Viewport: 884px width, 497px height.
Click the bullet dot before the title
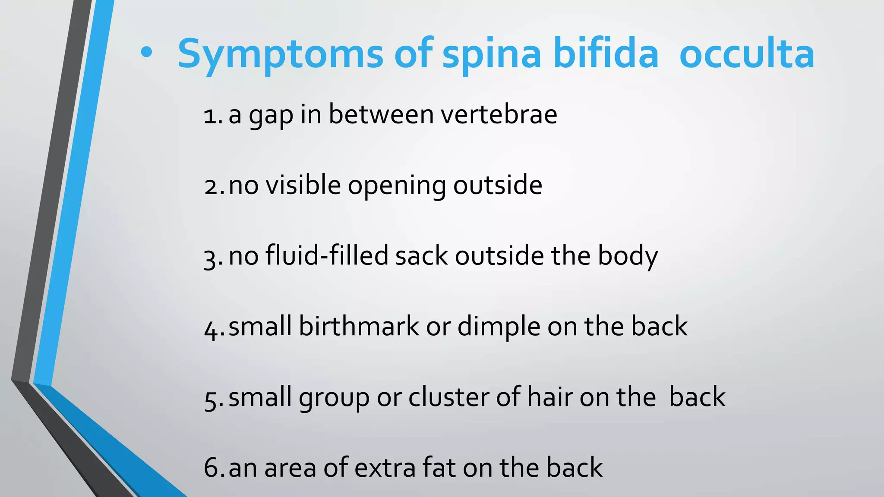pyautogui.click(x=146, y=53)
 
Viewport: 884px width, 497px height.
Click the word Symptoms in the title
pyautogui.click(x=280, y=54)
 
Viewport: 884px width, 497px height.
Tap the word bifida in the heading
pyautogui.click(x=606, y=53)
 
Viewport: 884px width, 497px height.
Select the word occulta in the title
pyautogui.click(x=747, y=54)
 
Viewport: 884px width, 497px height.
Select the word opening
pyautogui.click(x=397, y=186)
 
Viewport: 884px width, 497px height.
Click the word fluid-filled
pyautogui.click(x=327, y=255)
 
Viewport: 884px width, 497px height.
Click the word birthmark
pyautogui.click(x=359, y=326)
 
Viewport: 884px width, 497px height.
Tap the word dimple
pyautogui.click(x=499, y=327)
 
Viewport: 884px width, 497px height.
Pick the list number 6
pyautogui.click(x=212, y=468)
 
